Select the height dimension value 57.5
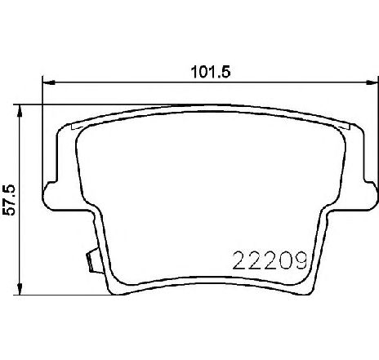(9, 198)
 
